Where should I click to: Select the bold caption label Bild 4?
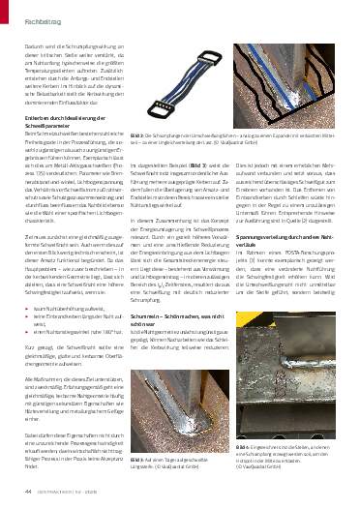(240, 449)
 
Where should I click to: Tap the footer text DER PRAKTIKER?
(49, 494)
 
